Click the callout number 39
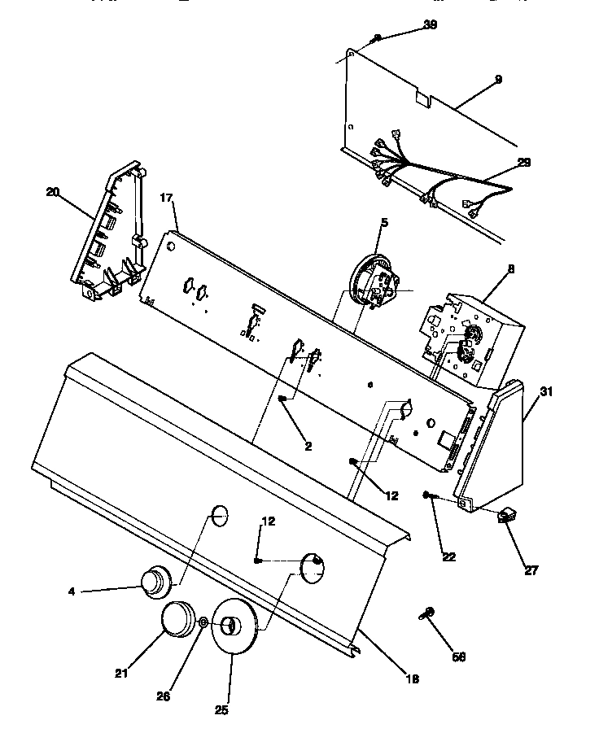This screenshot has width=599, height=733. [x=431, y=25]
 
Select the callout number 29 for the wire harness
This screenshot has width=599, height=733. [x=523, y=163]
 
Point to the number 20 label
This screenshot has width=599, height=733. [x=53, y=192]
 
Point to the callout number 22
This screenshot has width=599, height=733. [x=448, y=556]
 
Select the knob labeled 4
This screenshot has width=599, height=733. [x=153, y=582]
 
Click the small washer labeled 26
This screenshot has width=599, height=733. [x=203, y=623]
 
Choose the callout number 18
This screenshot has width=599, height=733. [x=412, y=678]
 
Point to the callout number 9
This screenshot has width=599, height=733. [x=497, y=79]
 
